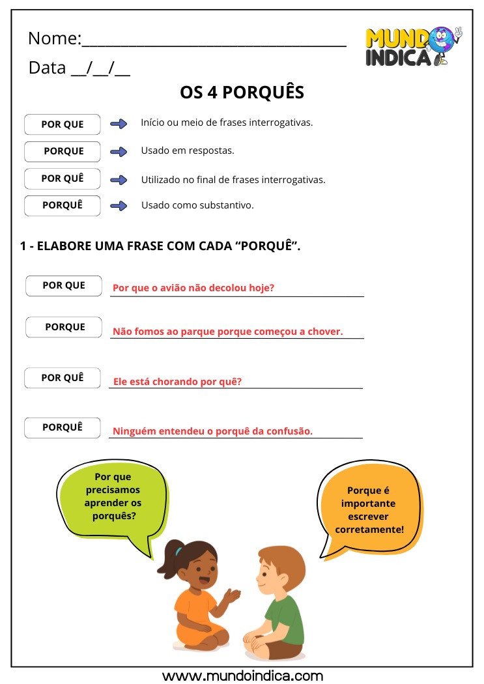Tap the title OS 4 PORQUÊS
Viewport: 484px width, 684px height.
242,93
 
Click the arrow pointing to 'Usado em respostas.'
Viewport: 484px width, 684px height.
119,152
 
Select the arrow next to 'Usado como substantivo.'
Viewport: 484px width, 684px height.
119,206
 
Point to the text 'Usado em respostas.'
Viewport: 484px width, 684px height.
188,150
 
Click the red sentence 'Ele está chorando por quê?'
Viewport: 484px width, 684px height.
177,382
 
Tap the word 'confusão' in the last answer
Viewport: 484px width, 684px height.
290,431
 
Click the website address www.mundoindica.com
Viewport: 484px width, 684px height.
242,676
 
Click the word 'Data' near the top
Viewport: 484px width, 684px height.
47,68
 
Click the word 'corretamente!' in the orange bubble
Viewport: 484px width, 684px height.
369,530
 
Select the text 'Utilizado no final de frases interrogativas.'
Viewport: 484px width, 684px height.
233,180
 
